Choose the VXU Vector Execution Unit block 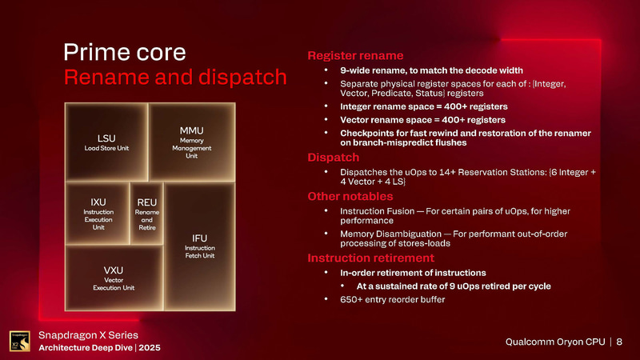pos(117,277)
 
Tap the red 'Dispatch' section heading pos(334,158)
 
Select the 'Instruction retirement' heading pos(370,258)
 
